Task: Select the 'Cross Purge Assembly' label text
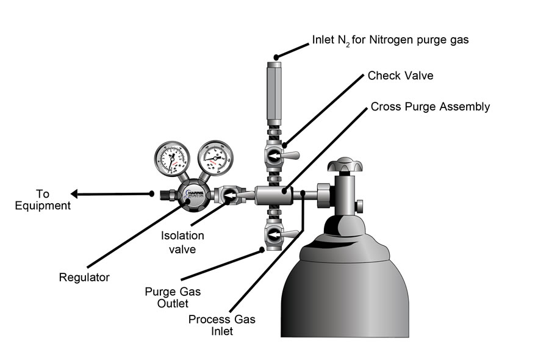point(430,107)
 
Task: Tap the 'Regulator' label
point(84,278)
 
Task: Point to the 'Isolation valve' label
point(182,242)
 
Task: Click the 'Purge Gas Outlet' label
point(165,297)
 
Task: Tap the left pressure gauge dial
point(172,157)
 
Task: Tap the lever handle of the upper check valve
point(293,157)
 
